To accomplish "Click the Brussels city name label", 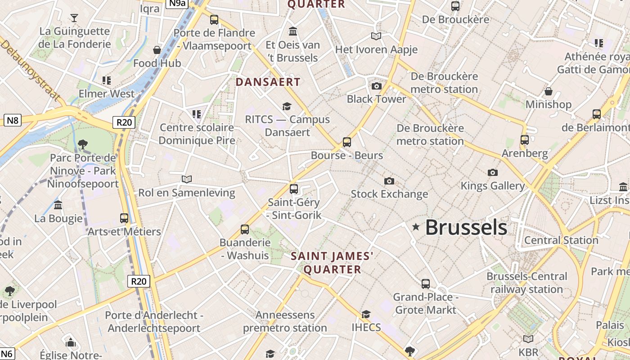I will pos(466,228).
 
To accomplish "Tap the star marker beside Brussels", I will pos(416,227).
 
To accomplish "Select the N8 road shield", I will pos(13,120).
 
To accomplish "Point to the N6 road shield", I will pos(7,354).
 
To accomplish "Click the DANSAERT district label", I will pos(268,82).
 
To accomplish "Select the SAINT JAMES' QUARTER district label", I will pos(332,263).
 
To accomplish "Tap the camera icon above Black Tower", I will pos(376,86).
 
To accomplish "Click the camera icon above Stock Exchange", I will pos(389,181).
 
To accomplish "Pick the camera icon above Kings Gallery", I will pos(493,172).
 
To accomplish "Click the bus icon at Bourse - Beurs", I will pos(347,142).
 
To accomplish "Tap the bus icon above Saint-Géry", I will pos(294,189).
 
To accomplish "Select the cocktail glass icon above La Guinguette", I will pos(74,18).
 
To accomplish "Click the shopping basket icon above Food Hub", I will pos(157,50).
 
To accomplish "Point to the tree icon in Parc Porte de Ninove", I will pos(82,144).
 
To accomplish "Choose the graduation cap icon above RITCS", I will pos(287,106).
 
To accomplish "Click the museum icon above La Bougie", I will pos(58,205).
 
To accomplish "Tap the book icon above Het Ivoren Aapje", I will pos(376,36).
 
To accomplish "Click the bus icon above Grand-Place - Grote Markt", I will pos(426,283).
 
